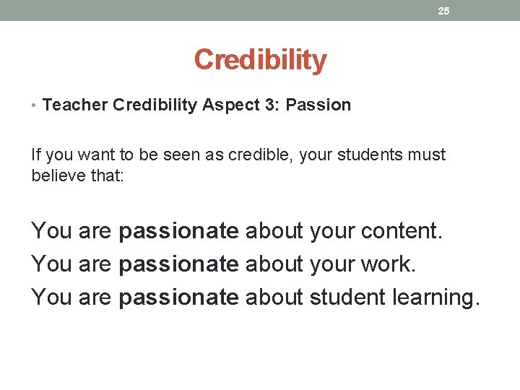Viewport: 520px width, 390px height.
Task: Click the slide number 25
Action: tap(443, 11)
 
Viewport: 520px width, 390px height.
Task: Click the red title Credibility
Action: tap(260, 60)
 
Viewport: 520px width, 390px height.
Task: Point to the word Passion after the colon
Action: tap(318, 105)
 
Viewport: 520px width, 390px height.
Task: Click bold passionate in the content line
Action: tap(178, 231)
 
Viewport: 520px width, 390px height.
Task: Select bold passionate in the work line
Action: tap(178, 264)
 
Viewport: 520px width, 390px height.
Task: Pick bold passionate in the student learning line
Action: tap(178, 298)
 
